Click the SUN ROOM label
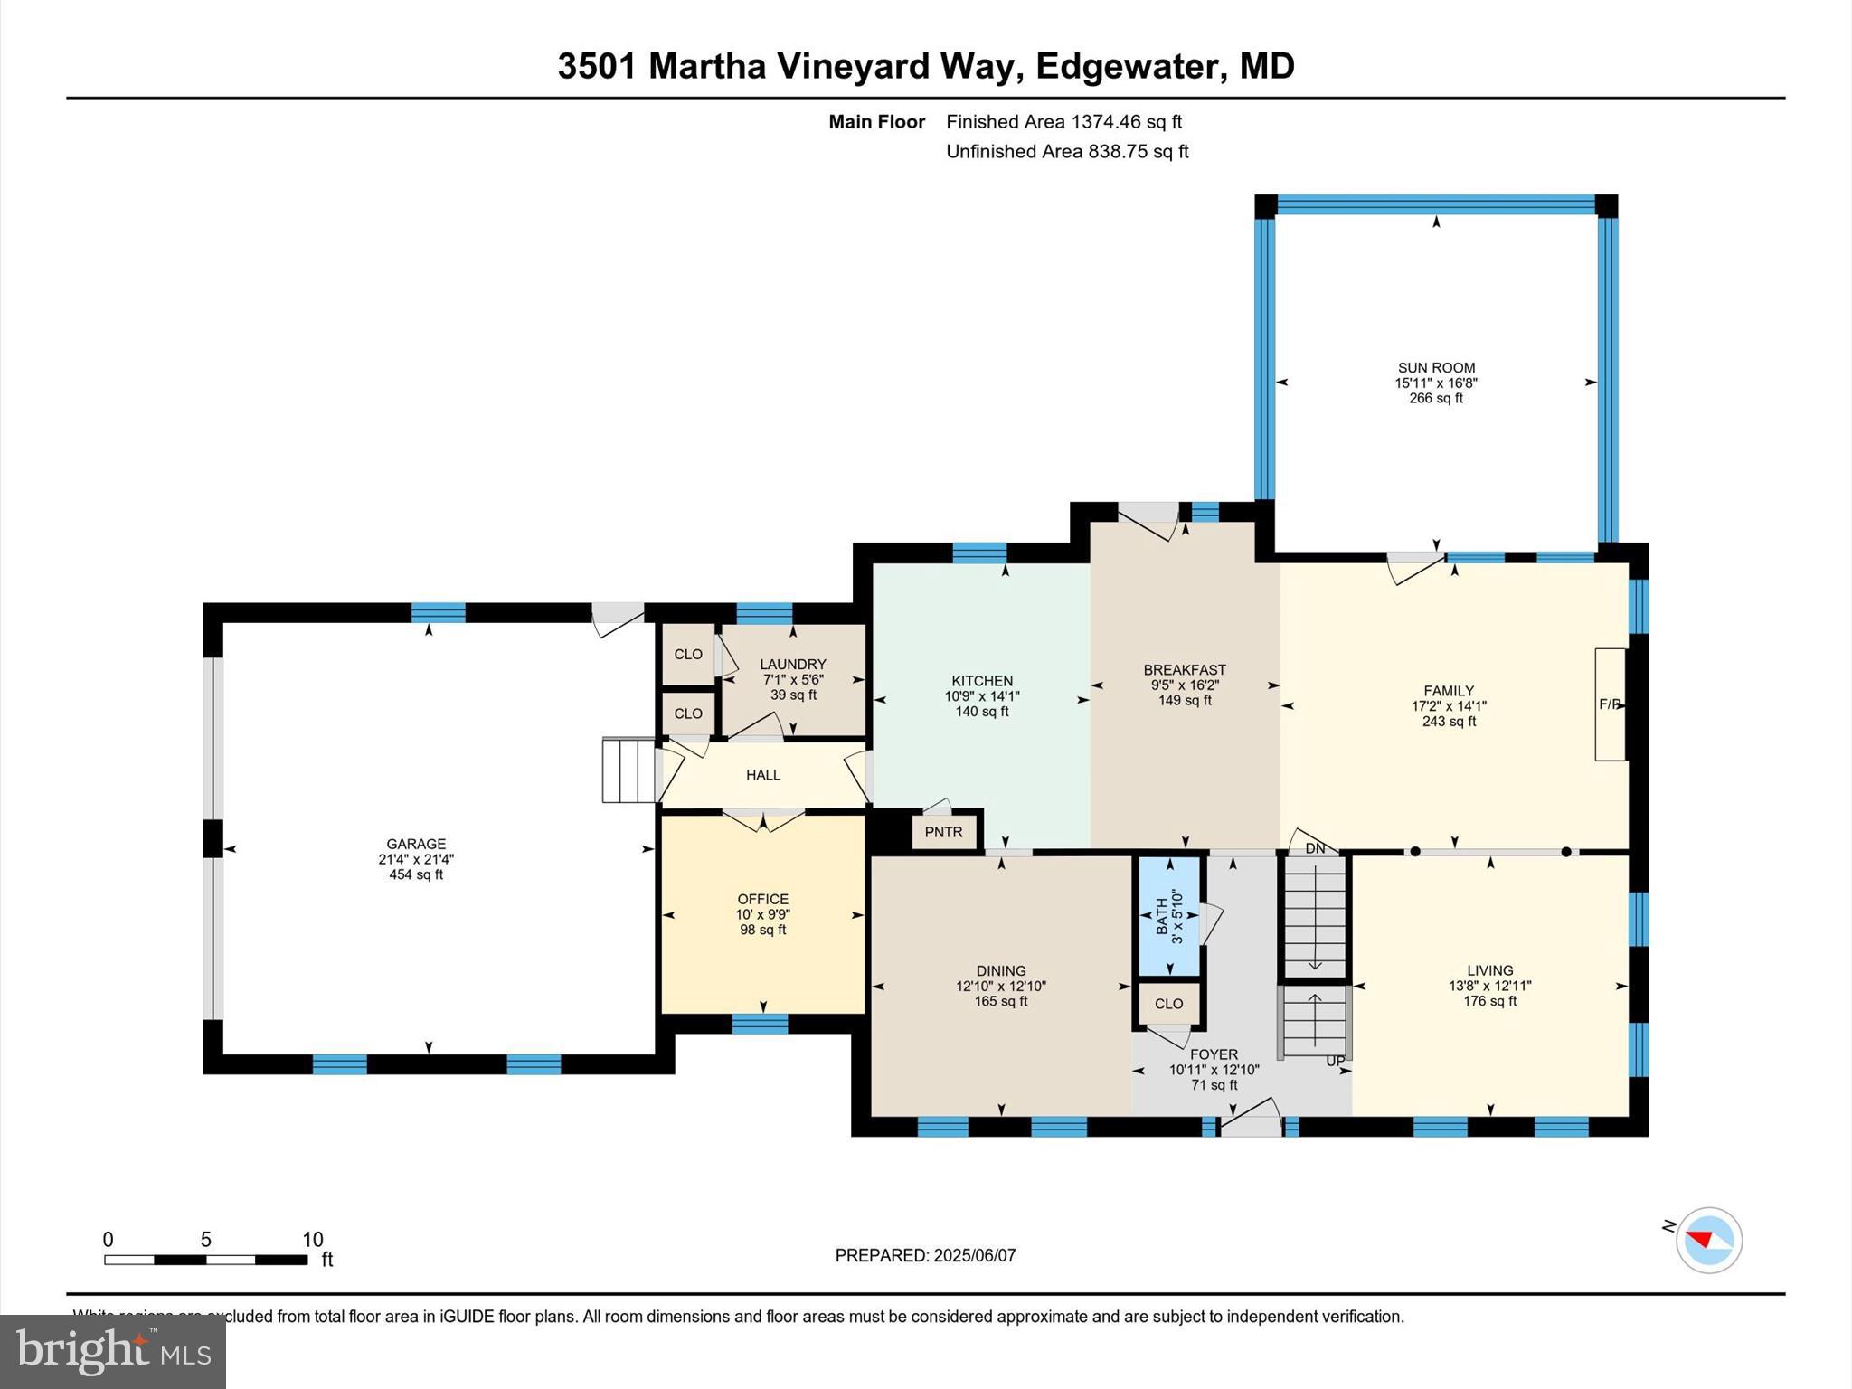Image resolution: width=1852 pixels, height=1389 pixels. click(1436, 368)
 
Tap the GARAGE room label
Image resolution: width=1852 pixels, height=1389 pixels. click(416, 845)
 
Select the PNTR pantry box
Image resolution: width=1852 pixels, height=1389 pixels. click(943, 832)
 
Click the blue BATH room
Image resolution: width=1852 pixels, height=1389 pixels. click(1168, 915)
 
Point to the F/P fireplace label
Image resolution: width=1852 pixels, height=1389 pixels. click(1610, 704)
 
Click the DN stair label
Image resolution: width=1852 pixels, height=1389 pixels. click(1315, 849)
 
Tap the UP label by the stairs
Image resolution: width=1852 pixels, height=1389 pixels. click(1336, 1061)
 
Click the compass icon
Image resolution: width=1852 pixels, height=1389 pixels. click(1708, 1240)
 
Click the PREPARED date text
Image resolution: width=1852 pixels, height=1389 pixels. click(925, 1255)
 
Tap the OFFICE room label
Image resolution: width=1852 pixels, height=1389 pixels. click(763, 899)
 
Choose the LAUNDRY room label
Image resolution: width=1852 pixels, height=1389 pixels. click(793, 664)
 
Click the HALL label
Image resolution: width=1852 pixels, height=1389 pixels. click(763, 775)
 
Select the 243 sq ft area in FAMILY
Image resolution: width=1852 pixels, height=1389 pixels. click(1449, 722)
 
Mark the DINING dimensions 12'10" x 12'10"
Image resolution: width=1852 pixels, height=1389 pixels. click(1001, 987)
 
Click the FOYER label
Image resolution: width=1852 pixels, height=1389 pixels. click(1214, 1054)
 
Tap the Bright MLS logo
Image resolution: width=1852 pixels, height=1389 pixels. click(113, 1351)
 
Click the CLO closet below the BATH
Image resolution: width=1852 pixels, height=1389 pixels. click(1168, 1004)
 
